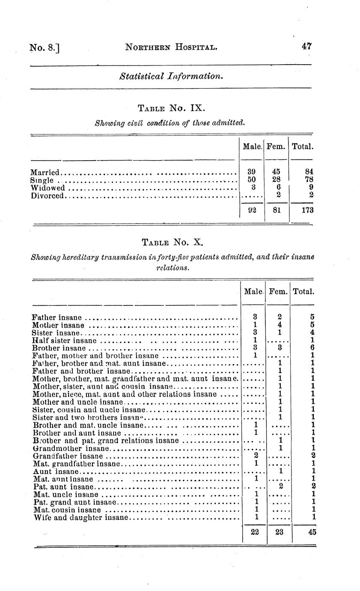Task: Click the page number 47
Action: [306, 47]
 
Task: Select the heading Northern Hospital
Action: [171, 47]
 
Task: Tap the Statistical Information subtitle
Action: [171, 77]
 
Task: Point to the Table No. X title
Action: [172, 242]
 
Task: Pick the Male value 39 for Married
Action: [252, 172]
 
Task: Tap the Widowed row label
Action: [48, 188]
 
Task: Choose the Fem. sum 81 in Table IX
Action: [276, 210]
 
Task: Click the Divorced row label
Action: [48, 196]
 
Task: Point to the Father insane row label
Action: [57, 318]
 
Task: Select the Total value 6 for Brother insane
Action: [314, 348]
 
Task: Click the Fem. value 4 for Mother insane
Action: [279, 325]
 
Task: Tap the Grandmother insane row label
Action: [71, 448]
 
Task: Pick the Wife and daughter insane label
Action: [81, 517]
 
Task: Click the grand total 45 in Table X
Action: [312, 532]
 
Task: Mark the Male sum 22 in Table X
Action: [254, 532]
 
